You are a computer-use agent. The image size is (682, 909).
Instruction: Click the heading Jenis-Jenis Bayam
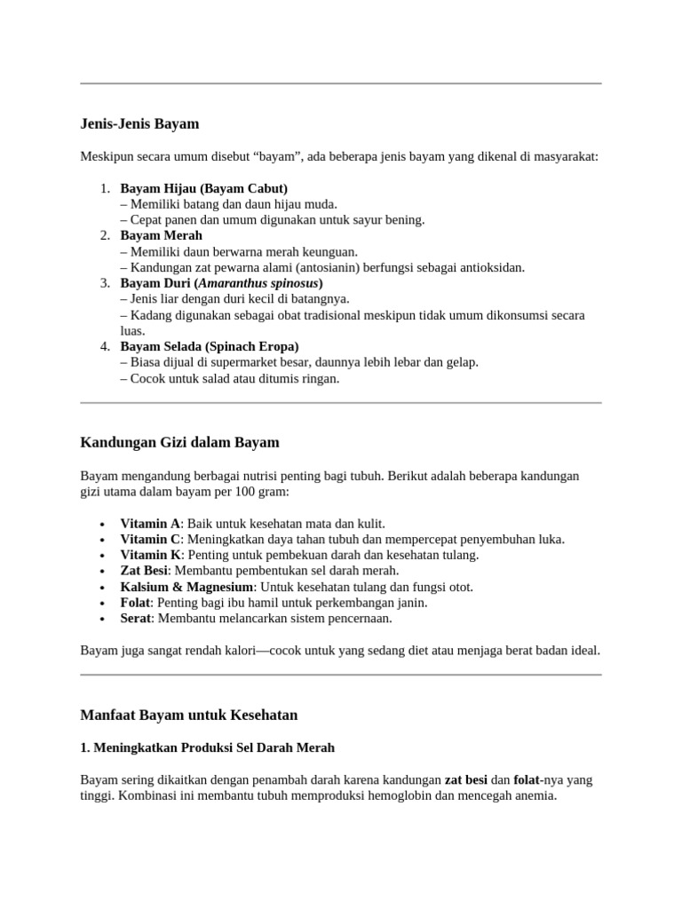click(140, 123)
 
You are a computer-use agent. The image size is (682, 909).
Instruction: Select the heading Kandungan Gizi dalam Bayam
click(180, 442)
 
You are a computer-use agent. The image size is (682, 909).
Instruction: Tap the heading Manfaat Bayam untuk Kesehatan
click(189, 715)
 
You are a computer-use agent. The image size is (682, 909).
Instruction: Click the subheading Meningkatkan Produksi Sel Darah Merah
click(207, 748)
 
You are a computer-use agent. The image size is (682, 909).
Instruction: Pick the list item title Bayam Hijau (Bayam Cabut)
click(204, 188)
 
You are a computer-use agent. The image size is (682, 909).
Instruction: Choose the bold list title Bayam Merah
click(162, 235)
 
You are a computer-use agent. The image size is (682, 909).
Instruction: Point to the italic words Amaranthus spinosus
click(264, 283)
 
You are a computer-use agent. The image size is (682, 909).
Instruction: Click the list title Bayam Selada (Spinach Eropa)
click(210, 346)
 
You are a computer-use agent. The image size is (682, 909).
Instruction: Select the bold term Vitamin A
click(150, 524)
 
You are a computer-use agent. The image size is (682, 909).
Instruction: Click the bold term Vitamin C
click(150, 540)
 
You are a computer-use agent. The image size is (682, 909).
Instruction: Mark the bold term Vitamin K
click(150, 555)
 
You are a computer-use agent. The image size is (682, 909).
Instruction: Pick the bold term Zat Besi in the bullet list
click(145, 571)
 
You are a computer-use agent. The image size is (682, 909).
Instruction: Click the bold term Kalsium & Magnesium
click(187, 587)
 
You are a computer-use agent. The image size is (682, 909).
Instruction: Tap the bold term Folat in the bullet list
click(136, 603)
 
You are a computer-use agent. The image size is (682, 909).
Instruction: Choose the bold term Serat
click(137, 618)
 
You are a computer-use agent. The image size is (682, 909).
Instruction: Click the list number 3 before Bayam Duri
click(103, 283)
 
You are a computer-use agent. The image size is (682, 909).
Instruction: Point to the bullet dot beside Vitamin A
click(104, 525)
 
